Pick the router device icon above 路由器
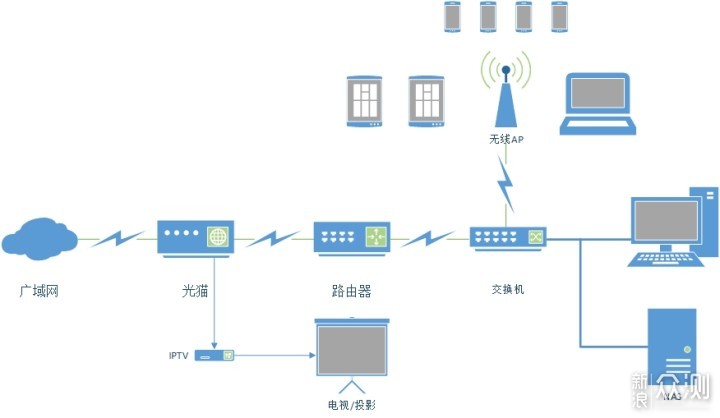[x=351, y=239]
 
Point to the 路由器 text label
[x=351, y=292]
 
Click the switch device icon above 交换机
[x=509, y=238]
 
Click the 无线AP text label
[x=506, y=140]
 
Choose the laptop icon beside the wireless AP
[x=598, y=103]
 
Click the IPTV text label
[x=178, y=356]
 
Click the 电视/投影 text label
[x=351, y=404]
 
